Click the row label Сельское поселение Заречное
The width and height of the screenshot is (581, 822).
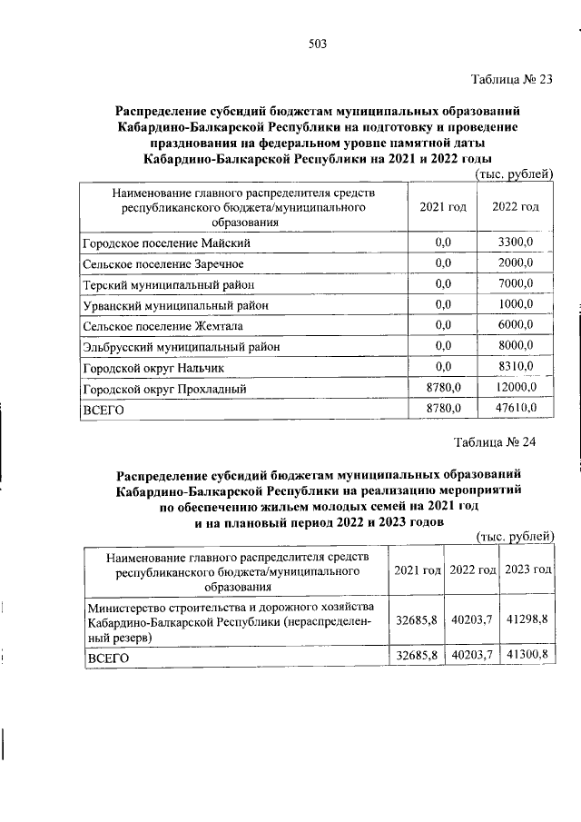(162, 263)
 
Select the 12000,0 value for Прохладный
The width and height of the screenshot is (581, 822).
(515, 388)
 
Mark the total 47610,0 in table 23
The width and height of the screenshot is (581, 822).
(515, 409)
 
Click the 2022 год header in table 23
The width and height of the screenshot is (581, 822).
(515, 207)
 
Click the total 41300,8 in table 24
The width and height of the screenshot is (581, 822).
(528, 655)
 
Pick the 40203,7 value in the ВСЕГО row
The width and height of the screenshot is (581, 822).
(472, 655)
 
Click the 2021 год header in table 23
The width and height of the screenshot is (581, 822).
(443, 207)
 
